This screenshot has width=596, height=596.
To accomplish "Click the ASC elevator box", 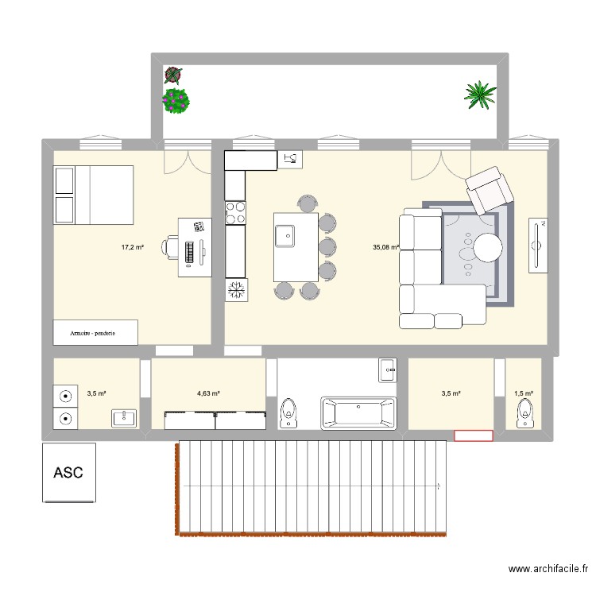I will pos(70,473).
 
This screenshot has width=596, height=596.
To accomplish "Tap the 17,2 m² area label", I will pos(132,247).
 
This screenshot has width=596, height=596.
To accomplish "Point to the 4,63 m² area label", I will pos(208,393).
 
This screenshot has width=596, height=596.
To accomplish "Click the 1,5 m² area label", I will pos(524,393).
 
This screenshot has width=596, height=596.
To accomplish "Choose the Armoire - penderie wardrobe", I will pos(95,333).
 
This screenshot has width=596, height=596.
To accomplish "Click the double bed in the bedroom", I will pos(92,195).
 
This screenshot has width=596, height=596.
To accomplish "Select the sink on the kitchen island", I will pos(284,236).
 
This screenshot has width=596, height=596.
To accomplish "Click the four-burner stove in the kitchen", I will pos(236,211).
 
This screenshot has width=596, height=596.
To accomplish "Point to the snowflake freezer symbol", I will pos(236,290).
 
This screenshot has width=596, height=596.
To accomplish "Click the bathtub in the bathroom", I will pos(358,413).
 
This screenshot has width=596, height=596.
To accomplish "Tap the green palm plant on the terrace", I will pos(480,95).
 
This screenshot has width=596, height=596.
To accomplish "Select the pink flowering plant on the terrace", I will pos(176,100).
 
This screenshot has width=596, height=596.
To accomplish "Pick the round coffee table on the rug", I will pos(488,247).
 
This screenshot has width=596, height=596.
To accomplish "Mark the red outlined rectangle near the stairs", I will pos(473,435).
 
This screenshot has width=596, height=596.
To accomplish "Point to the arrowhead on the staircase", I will pos(440,484).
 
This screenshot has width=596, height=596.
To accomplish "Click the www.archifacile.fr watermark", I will pos(548,569).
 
